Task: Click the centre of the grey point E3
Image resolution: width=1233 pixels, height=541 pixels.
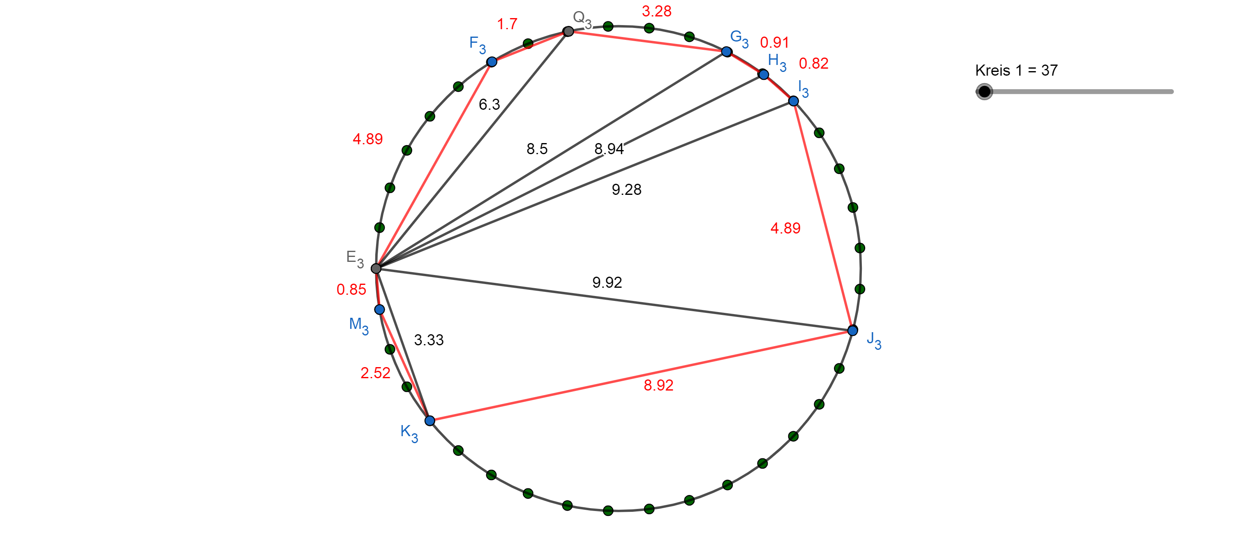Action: click(x=376, y=268)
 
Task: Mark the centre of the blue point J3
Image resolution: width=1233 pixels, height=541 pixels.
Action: click(x=852, y=331)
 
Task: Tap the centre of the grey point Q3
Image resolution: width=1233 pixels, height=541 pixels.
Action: click(x=568, y=32)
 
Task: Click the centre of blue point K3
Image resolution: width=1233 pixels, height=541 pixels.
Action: click(x=430, y=421)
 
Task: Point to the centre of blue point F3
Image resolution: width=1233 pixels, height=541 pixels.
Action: click(x=492, y=62)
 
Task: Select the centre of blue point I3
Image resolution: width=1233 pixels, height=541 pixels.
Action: click(x=794, y=101)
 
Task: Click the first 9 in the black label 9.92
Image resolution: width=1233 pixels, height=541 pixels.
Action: click(x=596, y=282)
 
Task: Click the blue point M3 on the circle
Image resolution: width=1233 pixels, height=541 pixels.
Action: click(x=380, y=310)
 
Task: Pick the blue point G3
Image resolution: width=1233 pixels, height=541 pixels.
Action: click(x=727, y=52)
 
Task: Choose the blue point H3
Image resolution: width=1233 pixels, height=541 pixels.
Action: click(x=764, y=75)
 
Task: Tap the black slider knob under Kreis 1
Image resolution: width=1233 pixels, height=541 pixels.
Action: click(x=984, y=91)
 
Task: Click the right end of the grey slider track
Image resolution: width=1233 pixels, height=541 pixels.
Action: click(x=1172, y=91)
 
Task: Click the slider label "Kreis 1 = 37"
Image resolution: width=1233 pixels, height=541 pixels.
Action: click(x=1016, y=70)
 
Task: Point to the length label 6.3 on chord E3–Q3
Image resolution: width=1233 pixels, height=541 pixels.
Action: click(x=489, y=104)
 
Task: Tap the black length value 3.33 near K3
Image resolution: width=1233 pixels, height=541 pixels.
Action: click(x=429, y=340)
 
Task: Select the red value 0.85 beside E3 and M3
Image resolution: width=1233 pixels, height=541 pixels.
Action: click(x=351, y=290)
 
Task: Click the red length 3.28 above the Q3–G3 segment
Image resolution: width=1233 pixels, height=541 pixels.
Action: click(x=657, y=11)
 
